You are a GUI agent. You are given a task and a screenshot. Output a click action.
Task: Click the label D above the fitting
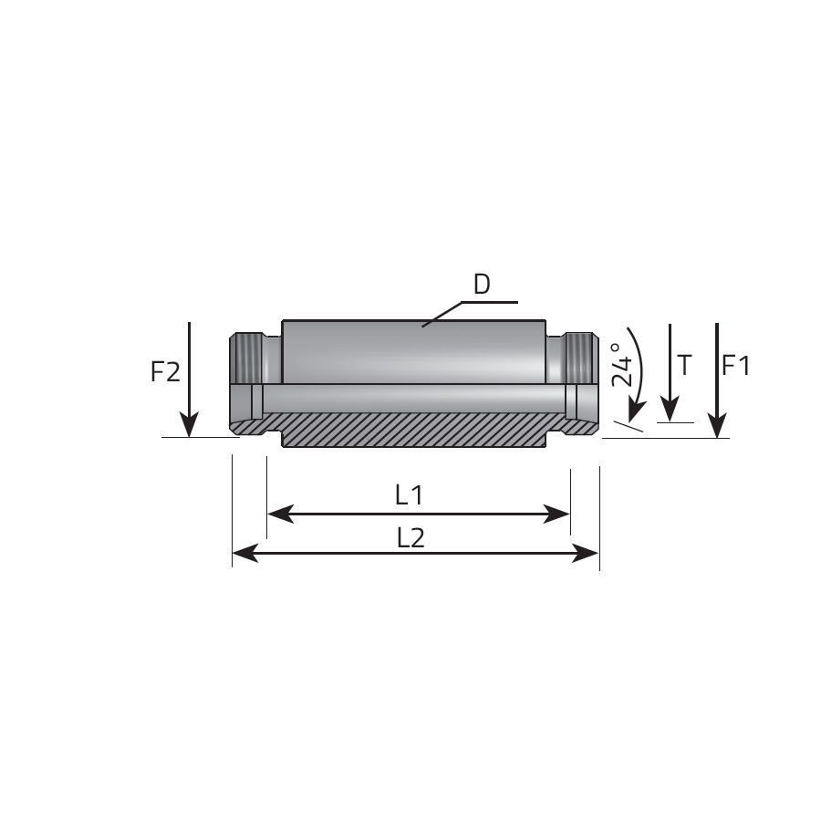click(482, 285)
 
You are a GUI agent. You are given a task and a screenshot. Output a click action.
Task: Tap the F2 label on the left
click(165, 372)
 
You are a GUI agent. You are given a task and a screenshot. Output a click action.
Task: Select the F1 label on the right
click(736, 366)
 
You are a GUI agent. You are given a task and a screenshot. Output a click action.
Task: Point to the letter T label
click(684, 365)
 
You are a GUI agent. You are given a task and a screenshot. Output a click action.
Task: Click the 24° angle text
click(622, 365)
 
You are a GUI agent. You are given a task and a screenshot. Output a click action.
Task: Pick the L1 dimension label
click(410, 494)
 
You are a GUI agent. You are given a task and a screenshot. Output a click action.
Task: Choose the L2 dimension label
click(411, 537)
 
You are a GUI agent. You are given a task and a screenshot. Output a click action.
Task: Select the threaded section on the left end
click(247, 359)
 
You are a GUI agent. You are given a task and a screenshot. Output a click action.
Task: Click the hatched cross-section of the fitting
click(413, 430)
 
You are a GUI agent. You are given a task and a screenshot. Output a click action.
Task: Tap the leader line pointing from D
click(470, 314)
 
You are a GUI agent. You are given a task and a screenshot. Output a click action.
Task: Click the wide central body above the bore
click(413, 352)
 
